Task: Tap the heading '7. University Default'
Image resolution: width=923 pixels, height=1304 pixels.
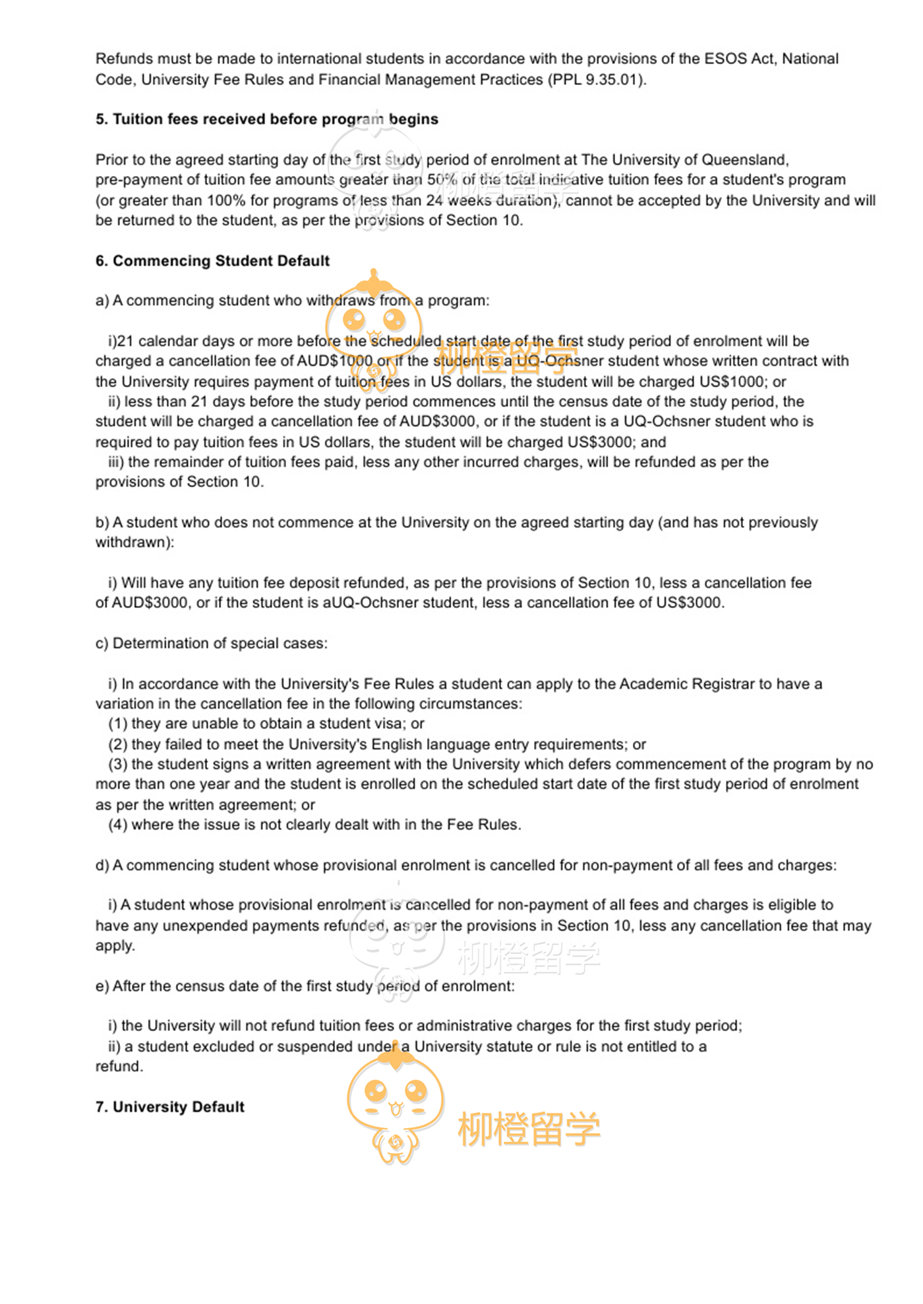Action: [x=170, y=1107]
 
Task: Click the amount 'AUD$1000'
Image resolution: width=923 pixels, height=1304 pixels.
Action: [x=334, y=361]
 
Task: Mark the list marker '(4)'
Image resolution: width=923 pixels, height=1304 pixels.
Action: [x=118, y=825]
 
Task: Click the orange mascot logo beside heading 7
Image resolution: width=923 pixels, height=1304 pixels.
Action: [x=396, y=1108]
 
